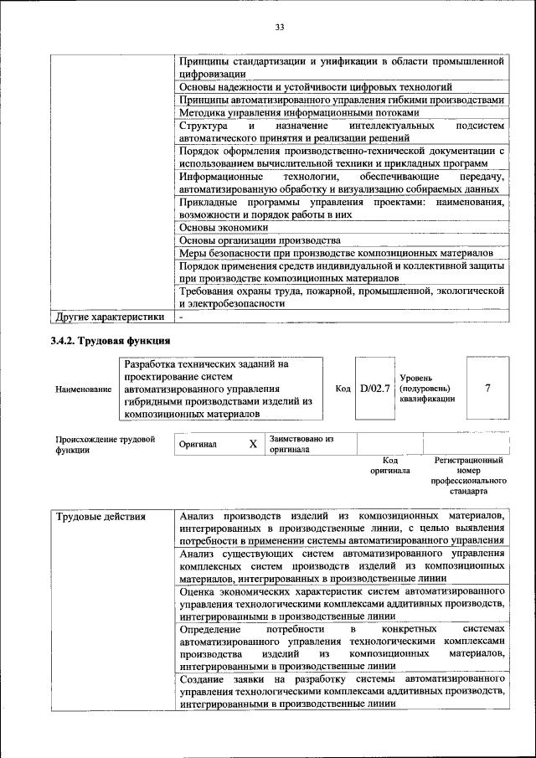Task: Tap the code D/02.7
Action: coord(374,389)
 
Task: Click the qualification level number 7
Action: coord(487,389)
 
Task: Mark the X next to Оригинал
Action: coord(252,444)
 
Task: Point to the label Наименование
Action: coord(84,389)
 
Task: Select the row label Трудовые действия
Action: coord(100,516)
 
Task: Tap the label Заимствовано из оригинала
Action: coord(301,444)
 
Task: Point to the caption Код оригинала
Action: coord(389,466)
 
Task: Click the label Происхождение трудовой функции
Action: coord(106,445)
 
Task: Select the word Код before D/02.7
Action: coord(343,389)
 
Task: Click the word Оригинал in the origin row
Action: coord(198,445)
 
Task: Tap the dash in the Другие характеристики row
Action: coord(181,317)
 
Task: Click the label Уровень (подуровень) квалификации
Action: coord(427,389)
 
